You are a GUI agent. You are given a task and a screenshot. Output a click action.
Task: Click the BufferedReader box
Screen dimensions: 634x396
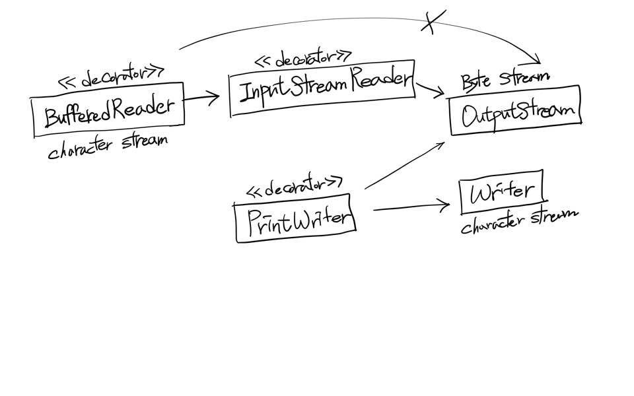click(x=108, y=110)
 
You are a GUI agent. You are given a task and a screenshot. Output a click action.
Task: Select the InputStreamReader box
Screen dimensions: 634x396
click(x=322, y=88)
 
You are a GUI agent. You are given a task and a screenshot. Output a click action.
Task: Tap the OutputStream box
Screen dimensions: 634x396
click(x=516, y=110)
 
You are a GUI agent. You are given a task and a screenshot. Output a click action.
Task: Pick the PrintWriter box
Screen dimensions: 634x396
click(x=295, y=218)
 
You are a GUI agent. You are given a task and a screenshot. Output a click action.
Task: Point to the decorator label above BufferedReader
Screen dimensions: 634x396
click(x=111, y=77)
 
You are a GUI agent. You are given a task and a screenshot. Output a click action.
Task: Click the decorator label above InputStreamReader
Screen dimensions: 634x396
click(x=303, y=59)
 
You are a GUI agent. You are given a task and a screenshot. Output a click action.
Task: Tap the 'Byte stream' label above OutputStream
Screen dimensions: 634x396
click(x=505, y=80)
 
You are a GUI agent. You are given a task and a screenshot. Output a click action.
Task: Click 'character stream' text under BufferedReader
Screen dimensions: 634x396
click(x=108, y=147)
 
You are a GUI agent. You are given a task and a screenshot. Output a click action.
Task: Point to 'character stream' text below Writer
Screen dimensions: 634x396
click(x=520, y=220)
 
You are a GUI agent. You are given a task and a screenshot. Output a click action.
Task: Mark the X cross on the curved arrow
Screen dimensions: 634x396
click(x=433, y=22)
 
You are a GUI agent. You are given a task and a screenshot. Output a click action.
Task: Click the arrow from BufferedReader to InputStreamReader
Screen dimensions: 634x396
click(x=201, y=98)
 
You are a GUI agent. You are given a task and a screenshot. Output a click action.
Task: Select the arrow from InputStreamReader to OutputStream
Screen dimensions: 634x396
click(x=430, y=90)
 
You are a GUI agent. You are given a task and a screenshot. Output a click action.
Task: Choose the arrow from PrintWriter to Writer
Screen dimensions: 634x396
click(x=411, y=207)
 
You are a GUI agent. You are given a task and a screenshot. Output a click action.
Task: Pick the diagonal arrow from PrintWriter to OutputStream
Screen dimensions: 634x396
click(x=404, y=165)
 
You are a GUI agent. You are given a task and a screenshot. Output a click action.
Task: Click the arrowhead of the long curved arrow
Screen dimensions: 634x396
click(x=534, y=60)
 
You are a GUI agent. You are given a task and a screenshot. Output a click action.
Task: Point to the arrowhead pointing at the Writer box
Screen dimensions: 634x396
click(x=444, y=205)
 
